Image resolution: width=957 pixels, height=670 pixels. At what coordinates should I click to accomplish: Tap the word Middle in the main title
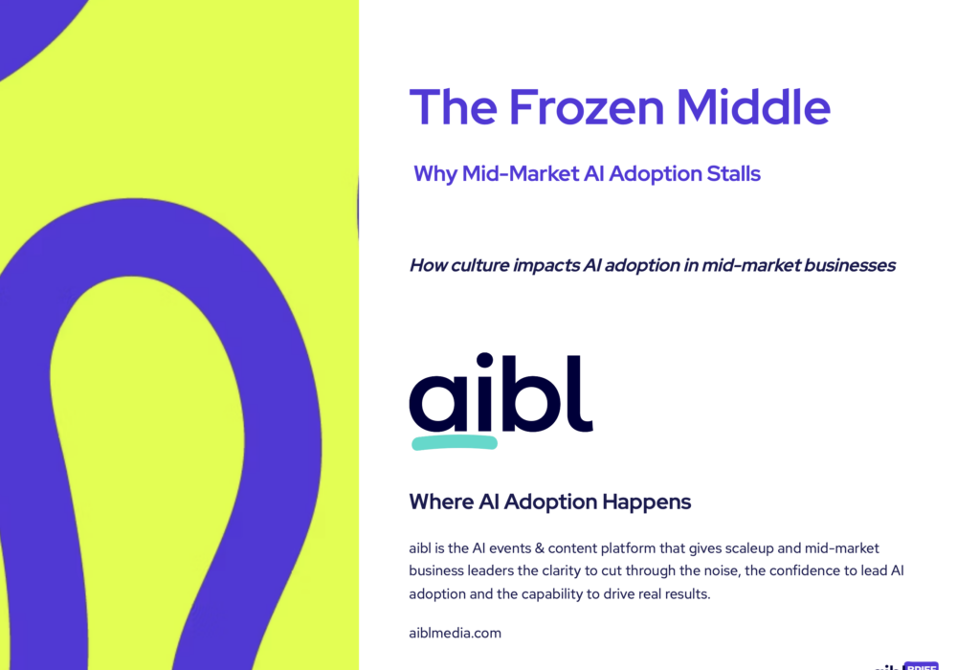click(x=753, y=107)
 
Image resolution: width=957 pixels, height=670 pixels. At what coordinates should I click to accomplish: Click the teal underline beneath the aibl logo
click(x=455, y=442)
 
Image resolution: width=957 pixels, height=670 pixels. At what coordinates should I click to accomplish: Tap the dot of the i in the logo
click(x=484, y=362)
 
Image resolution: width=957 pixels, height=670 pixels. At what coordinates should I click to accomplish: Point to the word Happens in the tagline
click(x=650, y=502)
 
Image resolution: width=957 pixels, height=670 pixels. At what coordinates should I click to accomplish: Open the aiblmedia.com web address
click(x=455, y=633)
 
